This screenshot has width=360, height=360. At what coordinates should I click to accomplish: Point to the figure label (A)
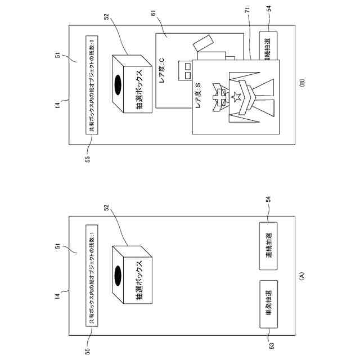[301, 276]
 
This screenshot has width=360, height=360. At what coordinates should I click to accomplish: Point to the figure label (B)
[301, 83]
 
